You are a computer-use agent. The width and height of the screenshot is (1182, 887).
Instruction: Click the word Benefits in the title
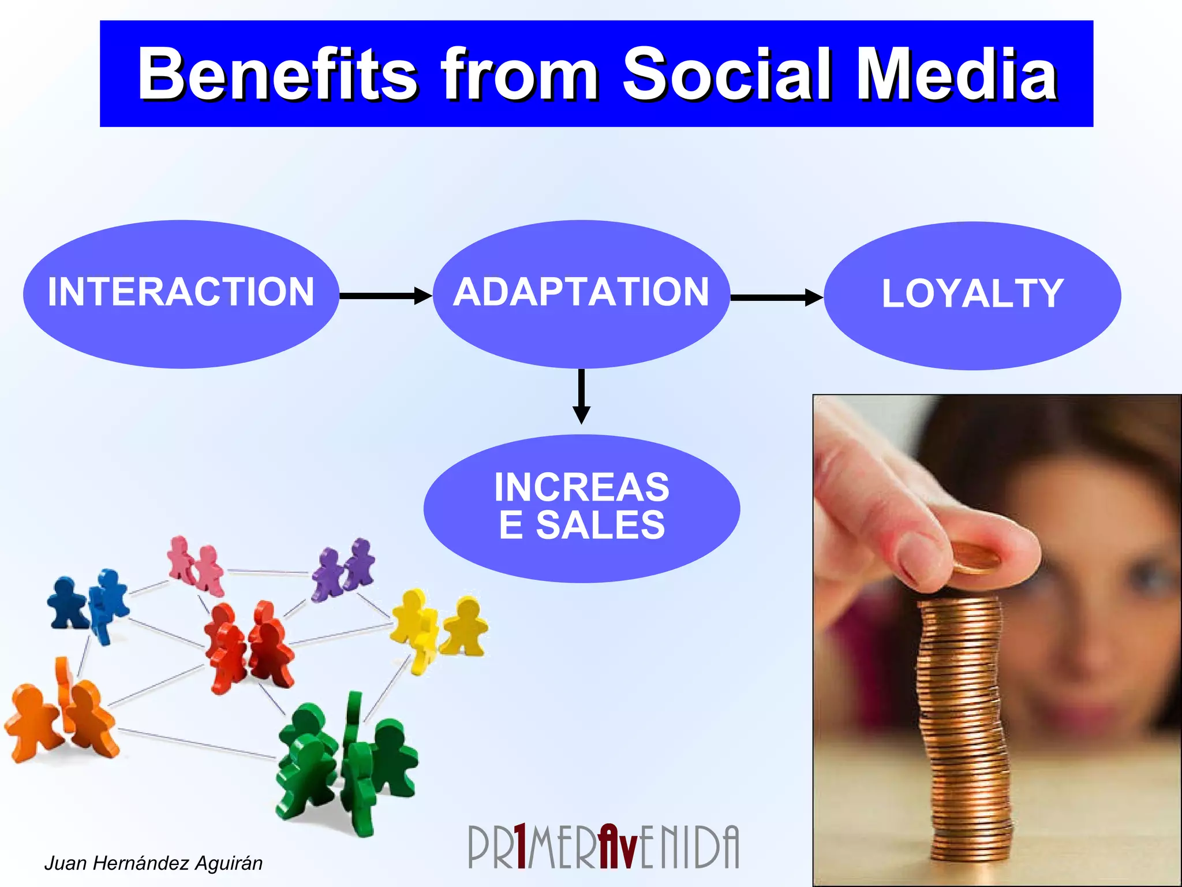277,75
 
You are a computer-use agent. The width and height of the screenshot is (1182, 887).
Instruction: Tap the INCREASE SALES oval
581,508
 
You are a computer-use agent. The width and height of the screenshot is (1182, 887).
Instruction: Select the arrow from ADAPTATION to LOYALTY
776,298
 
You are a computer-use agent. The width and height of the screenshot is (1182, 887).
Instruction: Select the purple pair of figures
343,569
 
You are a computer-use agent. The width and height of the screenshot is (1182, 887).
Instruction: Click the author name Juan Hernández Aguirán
153,863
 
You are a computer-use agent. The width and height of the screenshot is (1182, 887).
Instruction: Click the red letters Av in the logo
618,847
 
